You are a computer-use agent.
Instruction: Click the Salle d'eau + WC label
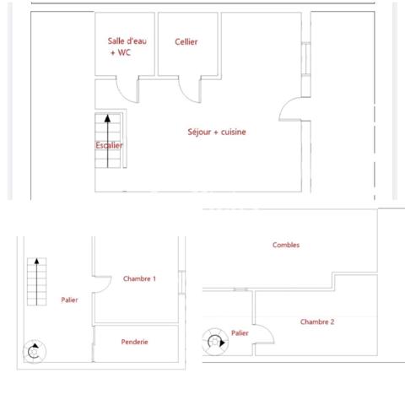point(124,47)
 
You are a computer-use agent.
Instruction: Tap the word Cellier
point(186,42)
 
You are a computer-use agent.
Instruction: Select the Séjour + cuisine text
point(217,132)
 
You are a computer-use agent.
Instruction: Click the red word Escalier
point(109,145)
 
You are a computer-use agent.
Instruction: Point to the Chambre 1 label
point(139,278)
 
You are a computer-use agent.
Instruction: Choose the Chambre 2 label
point(317,321)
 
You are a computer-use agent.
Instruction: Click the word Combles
point(286,245)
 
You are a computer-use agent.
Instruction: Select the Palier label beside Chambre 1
point(69,300)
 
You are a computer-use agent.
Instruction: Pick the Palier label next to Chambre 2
point(240,333)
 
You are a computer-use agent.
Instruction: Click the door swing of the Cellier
point(188,89)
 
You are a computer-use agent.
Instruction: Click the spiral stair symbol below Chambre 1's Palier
point(34,352)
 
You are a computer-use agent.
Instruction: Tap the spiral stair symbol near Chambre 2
point(213,341)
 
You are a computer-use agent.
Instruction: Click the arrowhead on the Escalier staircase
point(107,119)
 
